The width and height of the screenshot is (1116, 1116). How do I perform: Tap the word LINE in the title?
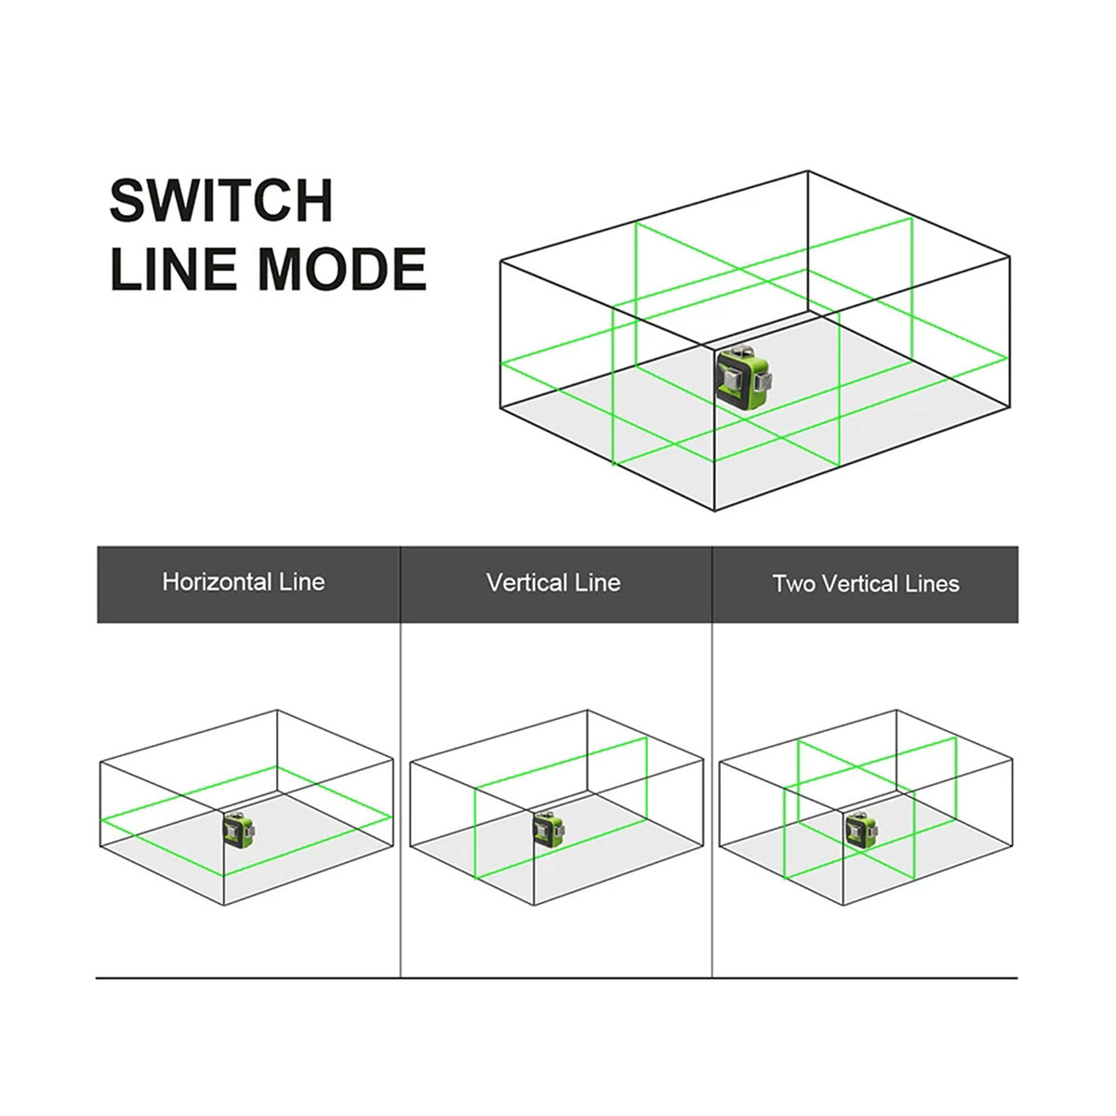[x=174, y=269]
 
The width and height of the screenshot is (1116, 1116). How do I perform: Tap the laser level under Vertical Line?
[x=547, y=828]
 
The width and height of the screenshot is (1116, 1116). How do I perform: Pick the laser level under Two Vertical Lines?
[x=858, y=828]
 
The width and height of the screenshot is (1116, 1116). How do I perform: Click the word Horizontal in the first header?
[x=217, y=583]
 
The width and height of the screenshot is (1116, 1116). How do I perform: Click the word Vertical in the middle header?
[x=526, y=583]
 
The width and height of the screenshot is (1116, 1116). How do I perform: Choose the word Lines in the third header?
[x=932, y=584]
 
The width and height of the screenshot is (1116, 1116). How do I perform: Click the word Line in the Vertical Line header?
[x=597, y=583]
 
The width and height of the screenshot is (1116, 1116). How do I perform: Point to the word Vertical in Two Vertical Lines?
[x=860, y=584]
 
